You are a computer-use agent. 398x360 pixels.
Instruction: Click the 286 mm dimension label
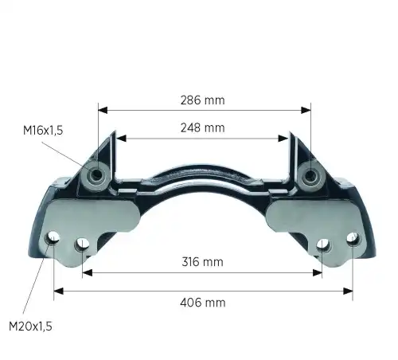(202, 100)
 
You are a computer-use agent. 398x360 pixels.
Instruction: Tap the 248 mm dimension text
(202, 128)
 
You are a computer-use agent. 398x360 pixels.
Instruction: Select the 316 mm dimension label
(202, 262)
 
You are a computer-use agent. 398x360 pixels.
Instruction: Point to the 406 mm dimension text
(203, 303)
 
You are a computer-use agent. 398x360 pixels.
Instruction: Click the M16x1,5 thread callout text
(43, 131)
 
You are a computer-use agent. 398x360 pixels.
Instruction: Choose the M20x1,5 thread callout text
(30, 327)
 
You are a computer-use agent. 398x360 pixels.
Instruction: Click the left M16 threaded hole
(97, 174)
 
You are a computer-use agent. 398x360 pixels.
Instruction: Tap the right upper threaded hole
(310, 174)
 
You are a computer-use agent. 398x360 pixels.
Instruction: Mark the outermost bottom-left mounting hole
(53, 238)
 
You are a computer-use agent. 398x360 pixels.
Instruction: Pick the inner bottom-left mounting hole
(82, 245)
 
